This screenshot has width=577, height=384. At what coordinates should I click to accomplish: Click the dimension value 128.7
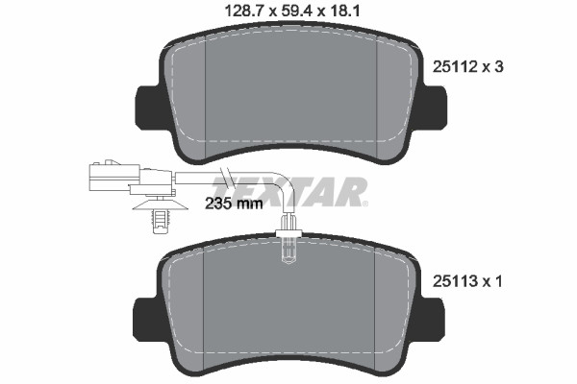(x=245, y=11)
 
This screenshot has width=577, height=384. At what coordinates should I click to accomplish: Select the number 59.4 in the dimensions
(x=296, y=11)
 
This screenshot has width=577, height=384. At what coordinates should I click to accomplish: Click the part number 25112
(x=455, y=66)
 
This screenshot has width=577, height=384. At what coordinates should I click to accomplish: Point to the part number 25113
(x=455, y=281)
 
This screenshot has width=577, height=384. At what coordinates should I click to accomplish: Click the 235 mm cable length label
(x=234, y=203)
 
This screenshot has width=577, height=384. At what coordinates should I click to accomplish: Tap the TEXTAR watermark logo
(x=288, y=191)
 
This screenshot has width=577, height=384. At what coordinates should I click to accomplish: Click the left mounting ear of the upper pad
(x=150, y=108)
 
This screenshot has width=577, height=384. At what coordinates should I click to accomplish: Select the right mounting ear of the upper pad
(x=434, y=108)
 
